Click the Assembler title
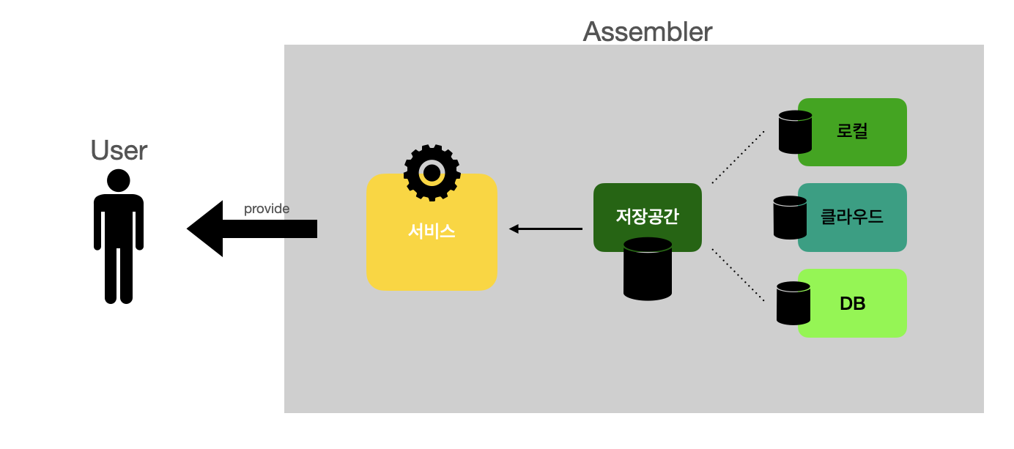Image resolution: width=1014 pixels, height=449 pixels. [x=647, y=31]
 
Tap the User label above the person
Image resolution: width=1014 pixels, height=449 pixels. [x=119, y=150]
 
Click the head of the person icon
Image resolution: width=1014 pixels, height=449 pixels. [x=119, y=180]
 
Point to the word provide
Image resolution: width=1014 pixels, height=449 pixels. [x=267, y=209]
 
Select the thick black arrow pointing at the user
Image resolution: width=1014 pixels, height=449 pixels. [x=253, y=229]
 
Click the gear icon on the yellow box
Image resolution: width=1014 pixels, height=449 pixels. [x=432, y=173]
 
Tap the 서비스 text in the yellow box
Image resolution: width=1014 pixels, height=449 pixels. [x=432, y=231]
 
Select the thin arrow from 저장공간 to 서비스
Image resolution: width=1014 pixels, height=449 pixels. [x=546, y=229]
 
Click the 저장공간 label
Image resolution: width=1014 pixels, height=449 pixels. [x=647, y=217]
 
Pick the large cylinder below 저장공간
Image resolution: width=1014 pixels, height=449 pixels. [x=648, y=269]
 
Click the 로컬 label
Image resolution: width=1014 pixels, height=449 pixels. [x=852, y=132]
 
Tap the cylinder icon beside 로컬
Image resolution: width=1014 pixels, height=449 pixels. [x=795, y=132]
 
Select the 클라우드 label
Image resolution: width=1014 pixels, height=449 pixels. [x=852, y=217]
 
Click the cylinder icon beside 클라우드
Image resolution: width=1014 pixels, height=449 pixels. [x=790, y=217]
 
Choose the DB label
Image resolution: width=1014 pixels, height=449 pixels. [x=852, y=303]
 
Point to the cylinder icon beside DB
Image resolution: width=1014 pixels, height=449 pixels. [x=793, y=303]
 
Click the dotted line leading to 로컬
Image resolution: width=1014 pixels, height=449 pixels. [x=738, y=157]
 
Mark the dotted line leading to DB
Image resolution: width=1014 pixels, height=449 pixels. [x=738, y=275]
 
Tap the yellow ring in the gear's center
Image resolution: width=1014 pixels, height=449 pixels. [x=432, y=173]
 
